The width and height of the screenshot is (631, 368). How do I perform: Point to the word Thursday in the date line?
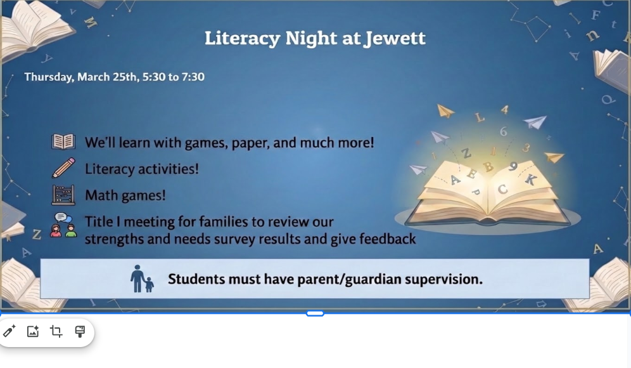coord(49,77)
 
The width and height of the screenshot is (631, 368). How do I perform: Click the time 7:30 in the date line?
coord(193,77)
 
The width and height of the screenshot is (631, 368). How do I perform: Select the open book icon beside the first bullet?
coord(63,141)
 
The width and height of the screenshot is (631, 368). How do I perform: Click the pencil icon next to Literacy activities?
coord(63,168)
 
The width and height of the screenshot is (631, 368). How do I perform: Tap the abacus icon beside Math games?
coord(63,195)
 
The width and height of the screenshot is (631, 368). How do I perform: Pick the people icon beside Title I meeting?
coord(63,225)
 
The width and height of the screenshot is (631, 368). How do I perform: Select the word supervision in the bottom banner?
coord(443,279)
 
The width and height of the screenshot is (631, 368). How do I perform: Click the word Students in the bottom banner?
coord(196,279)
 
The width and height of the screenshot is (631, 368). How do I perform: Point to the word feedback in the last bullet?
coord(387,239)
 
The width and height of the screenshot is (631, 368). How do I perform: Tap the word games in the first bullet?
coord(205,143)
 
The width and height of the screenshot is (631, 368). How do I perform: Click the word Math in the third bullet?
coord(100,195)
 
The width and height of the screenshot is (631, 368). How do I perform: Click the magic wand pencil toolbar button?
coord(10,331)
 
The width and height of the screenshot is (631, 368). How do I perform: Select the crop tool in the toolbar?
coord(56,331)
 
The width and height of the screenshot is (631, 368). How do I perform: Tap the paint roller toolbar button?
coord(80,331)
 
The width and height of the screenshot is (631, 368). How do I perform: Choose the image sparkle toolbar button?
coord(33,331)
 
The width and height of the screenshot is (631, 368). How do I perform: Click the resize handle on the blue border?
coord(315,313)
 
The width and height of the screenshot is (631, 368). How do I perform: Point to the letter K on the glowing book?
coord(530,180)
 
